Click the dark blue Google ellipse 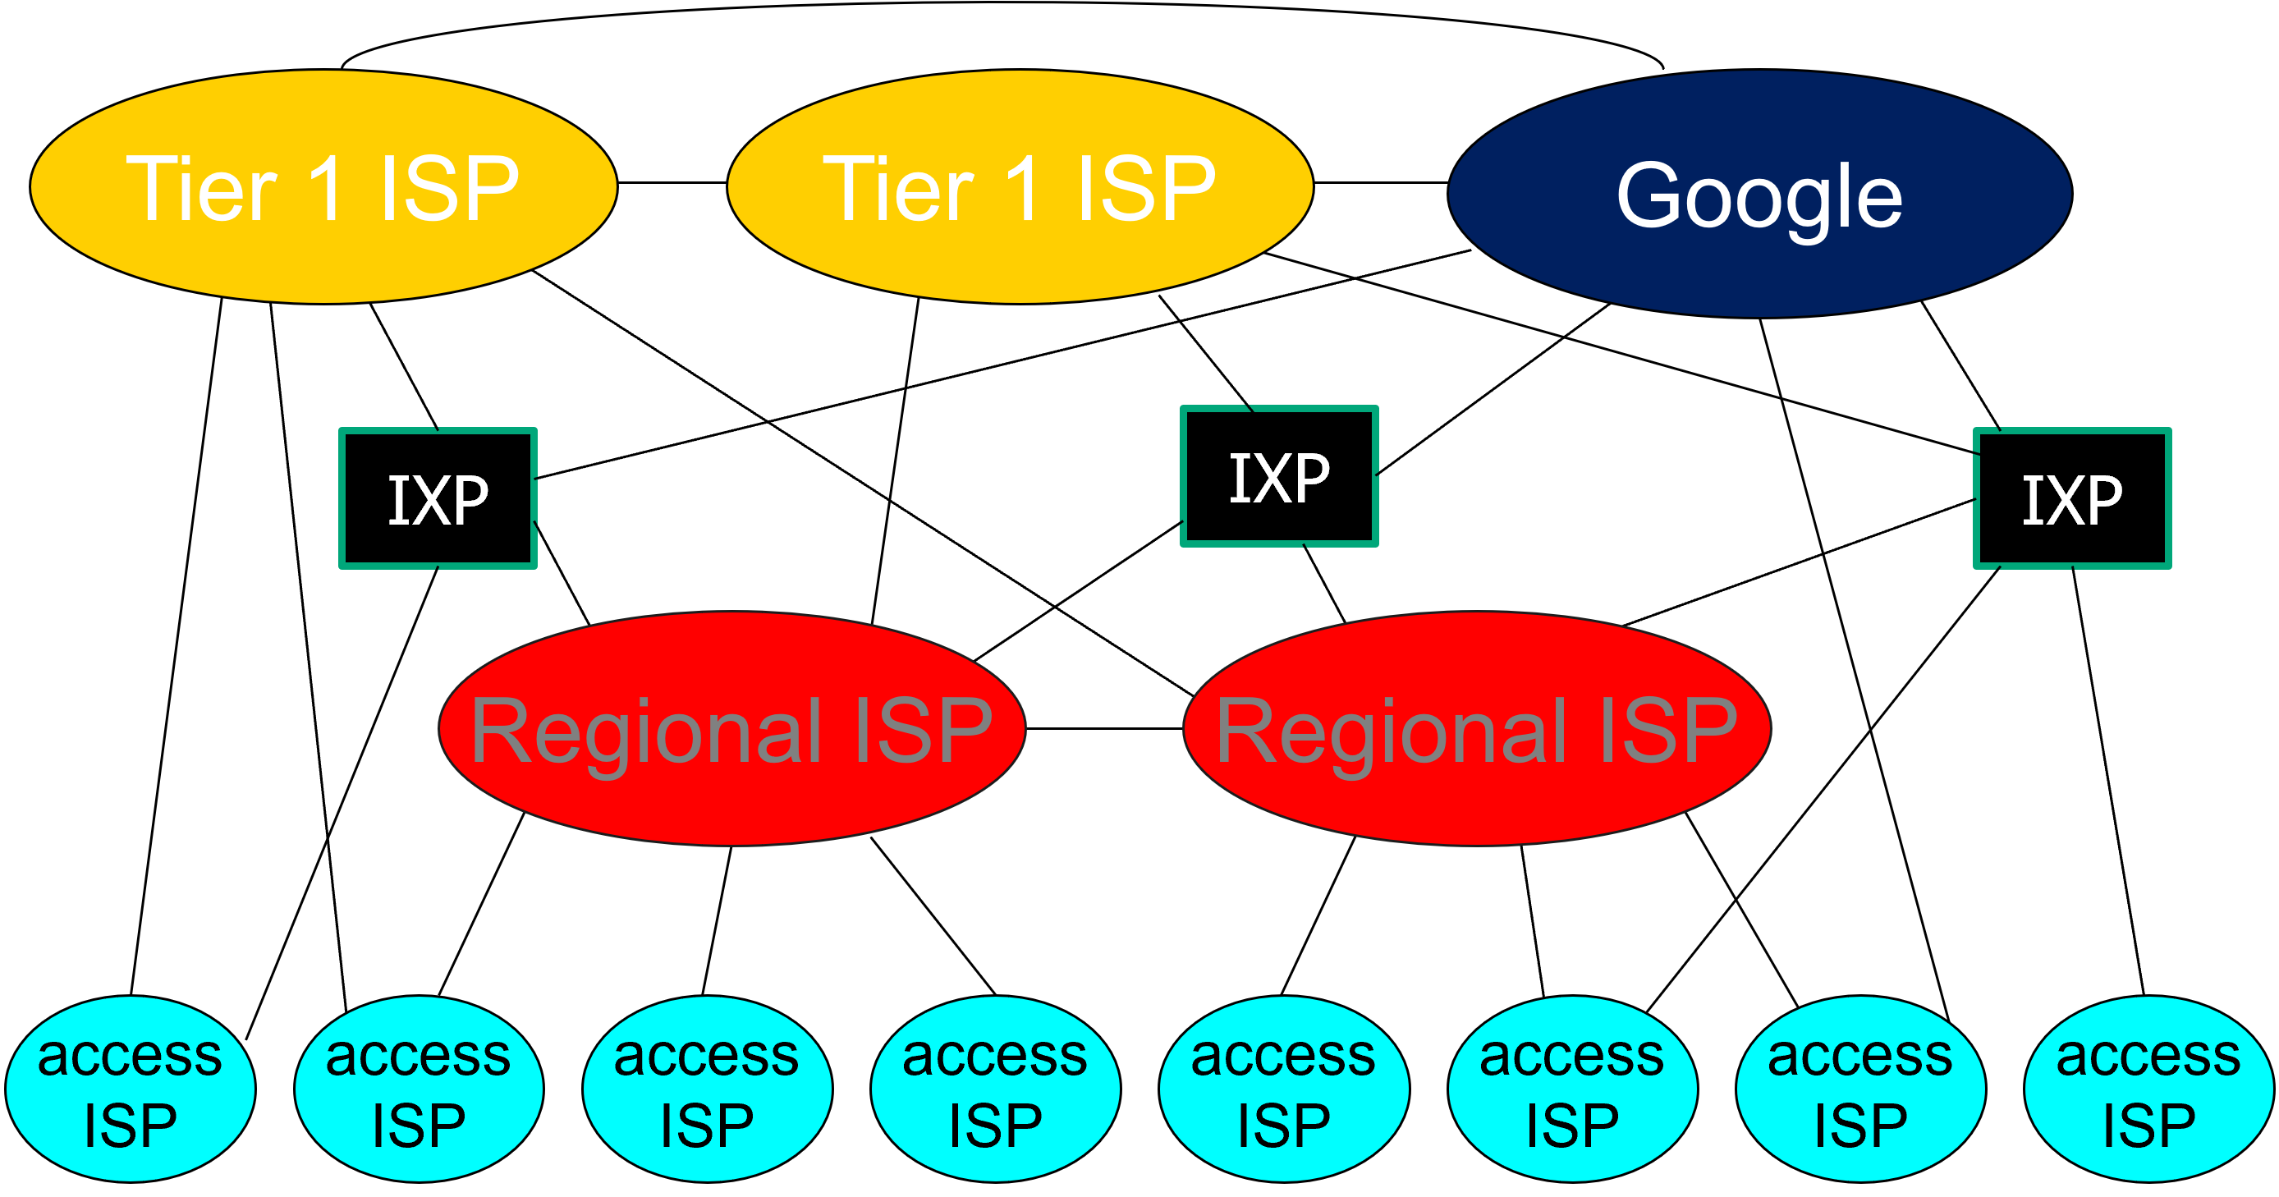coord(1759,193)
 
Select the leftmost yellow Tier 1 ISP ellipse coord(323,186)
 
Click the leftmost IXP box coord(438,498)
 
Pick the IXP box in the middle coord(1279,476)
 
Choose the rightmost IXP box coord(2072,498)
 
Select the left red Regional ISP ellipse coord(731,728)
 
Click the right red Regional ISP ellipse coord(1477,728)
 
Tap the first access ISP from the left coord(130,1089)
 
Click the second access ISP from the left coord(419,1089)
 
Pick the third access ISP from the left coord(707,1089)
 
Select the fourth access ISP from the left coord(995,1089)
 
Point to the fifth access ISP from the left coord(1284,1089)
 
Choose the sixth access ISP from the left coord(1572,1089)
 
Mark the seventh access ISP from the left coord(1860,1089)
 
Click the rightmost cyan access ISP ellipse coord(2149,1089)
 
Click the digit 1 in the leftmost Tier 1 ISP coord(327,187)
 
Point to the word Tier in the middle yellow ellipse coord(898,187)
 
